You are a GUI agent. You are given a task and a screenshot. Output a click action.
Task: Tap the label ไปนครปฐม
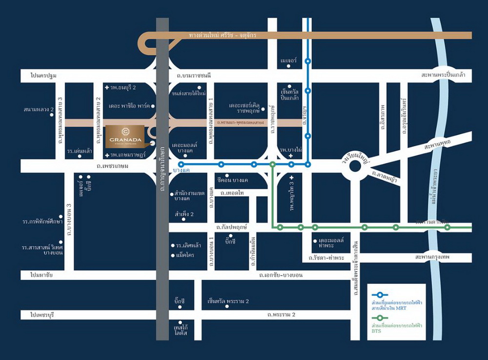tap(43, 76)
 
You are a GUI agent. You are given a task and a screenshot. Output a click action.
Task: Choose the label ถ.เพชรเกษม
tap(112, 166)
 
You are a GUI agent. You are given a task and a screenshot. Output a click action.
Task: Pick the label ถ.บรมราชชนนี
tap(194, 76)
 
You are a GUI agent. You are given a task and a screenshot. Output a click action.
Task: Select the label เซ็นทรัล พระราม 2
tap(228, 301)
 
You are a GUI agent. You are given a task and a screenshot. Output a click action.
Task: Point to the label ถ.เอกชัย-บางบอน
tap(281, 275)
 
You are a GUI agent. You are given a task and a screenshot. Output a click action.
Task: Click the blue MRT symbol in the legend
tap(379, 295)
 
